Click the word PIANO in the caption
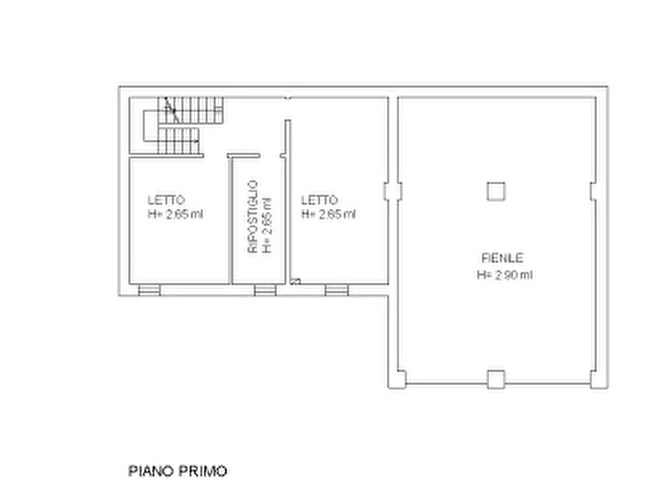click(x=149, y=471)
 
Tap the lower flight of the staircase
click(x=181, y=141)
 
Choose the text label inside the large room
click(x=503, y=266)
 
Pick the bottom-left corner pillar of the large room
click(x=401, y=378)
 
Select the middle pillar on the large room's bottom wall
click(x=495, y=375)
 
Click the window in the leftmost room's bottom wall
click(x=148, y=287)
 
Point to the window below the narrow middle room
click(x=262, y=287)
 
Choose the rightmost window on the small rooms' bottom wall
click(x=336, y=287)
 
